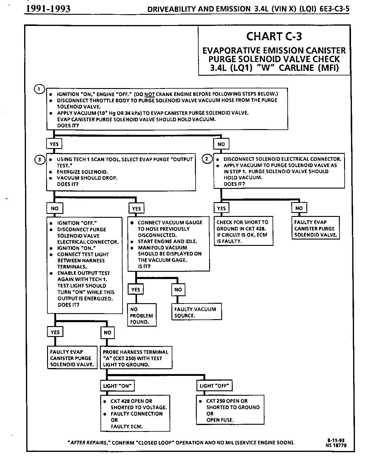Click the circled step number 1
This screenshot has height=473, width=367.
click(39, 89)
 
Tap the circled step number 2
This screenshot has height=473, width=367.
click(207, 159)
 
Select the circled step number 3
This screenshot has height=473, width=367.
click(40, 160)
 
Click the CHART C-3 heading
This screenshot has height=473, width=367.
click(274, 36)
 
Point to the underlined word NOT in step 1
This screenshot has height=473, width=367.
click(150, 94)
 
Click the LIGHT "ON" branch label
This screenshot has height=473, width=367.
click(117, 386)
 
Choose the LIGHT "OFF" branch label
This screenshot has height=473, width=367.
click(214, 386)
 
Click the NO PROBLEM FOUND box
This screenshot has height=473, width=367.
click(142, 316)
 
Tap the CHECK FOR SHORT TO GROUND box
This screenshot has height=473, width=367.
click(243, 231)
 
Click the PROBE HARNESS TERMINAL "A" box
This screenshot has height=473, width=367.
click(136, 358)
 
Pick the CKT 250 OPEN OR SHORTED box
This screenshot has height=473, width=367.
click(230, 410)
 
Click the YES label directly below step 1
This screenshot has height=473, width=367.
click(54, 144)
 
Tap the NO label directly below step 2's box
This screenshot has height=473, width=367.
click(299, 208)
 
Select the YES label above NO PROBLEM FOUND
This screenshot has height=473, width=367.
click(136, 290)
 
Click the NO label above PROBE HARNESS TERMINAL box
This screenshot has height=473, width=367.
click(107, 332)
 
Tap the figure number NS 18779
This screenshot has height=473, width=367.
click(336, 445)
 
